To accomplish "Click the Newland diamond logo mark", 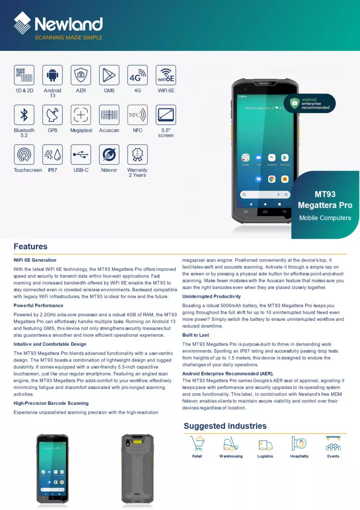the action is click(x=22, y=23).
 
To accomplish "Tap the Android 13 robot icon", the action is click(x=52, y=75).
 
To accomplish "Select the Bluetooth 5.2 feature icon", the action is click(x=24, y=115).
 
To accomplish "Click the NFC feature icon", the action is click(x=138, y=115).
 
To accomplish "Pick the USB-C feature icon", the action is click(x=81, y=154).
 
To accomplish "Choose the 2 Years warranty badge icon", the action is click(x=138, y=154).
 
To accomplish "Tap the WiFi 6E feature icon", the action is click(x=166, y=75).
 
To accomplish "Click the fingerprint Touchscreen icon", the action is click(x=24, y=154).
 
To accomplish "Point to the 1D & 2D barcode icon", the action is click(x=24, y=75).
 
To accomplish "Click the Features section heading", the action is click(x=31, y=247).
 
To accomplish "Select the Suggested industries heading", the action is click(x=225, y=426).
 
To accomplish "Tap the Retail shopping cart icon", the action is click(x=197, y=443).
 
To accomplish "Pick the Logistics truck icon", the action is click(x=265, y=445).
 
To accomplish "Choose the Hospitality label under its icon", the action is click(x=299, y=456).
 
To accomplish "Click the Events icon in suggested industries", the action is click(x=333, y=443).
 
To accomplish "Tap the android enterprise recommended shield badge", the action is click(x=309, y=103).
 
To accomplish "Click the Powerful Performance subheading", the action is click(x=38, y=306).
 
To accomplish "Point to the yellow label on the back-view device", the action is click(x=138, y=442).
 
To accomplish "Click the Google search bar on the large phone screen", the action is click(x=265, y=195).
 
